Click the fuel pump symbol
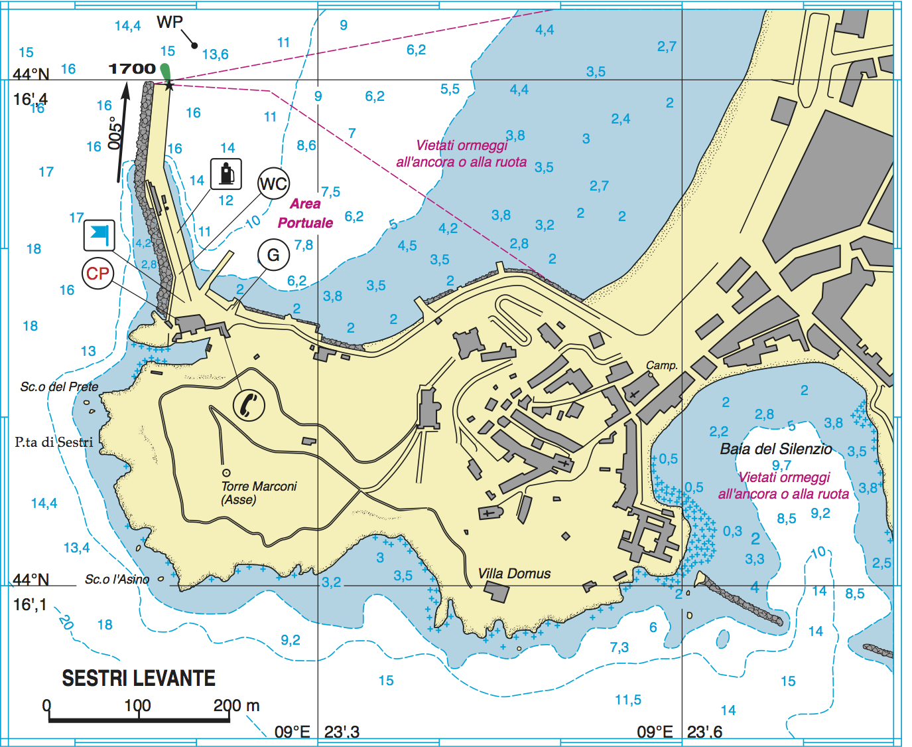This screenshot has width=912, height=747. [x=226, y=174]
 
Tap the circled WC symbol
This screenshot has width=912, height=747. [x=273, y=184]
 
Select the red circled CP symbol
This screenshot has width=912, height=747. [x=98, y=274]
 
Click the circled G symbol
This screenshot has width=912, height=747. [x=273, y=256]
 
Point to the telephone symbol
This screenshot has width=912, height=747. [x=249, y=404]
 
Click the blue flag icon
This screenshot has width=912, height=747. [x=99, y=235]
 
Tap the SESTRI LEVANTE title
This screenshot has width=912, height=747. [x=139, y=678]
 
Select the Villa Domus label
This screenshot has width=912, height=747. [x=514, y=574]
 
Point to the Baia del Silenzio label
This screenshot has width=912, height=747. [x=775, y=449]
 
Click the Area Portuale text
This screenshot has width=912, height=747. [x=305, y=213]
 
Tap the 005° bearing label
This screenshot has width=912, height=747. [x=115, y=133]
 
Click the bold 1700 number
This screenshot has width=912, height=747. [x=131, y=69]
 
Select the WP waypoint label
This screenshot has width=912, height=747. [x=169, y=22]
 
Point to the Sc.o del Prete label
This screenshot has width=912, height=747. [x=59, y=386]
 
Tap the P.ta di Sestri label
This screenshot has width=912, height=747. [x=54, y=442]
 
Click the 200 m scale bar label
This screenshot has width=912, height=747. [x=235, y=706]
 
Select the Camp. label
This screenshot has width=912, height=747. [x=661, y=365]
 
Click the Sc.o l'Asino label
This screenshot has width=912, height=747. [x=117, y=579]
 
